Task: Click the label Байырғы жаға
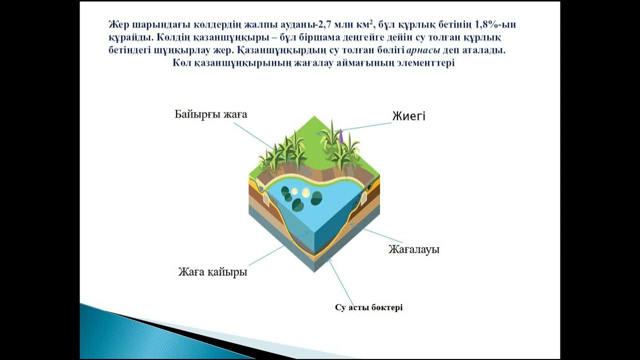(210, 114)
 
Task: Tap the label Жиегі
(408, 116)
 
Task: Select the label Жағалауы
(413, 249)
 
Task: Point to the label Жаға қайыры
(212, 272)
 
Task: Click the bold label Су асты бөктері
(368, 307)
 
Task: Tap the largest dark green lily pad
(316, 198)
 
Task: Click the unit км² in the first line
(381, 24)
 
